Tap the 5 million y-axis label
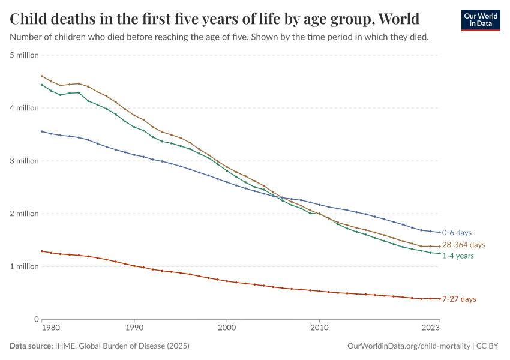pos(25,55)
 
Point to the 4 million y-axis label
pos(25,108)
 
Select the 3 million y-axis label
pos(25,161)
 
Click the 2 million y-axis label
pos(25,214)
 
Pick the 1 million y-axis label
pos(25,266)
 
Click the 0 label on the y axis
pos(37,319)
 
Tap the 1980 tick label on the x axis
pos(50,328)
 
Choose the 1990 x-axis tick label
pos(134,328)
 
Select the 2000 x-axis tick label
pos(227,328)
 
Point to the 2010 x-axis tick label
pos(319,328)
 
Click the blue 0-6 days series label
pos(457,232)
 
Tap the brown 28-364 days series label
pos(463,245)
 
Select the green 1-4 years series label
pos(458,256)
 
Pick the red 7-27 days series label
pos(459,299)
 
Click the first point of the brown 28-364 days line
pos(41,76)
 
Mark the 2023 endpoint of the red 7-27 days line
pos(440,299)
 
